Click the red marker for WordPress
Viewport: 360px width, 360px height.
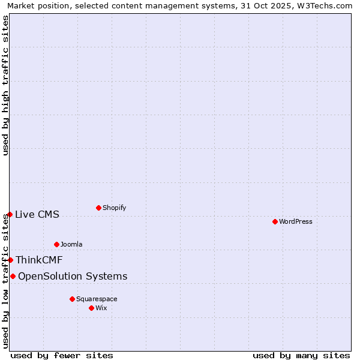(x=275, y=221)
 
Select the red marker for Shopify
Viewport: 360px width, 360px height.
(x=98, y=208)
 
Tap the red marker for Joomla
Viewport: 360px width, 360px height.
(x=56, y=244)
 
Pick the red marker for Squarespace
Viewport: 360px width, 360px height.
(x=72, y=299)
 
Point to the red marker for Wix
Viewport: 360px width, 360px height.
(x=91, y=308)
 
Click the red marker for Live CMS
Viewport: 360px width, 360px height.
(x=10, y=214)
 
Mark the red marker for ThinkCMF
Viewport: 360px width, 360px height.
(x=10, y=260)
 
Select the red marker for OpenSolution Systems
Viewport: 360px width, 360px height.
(x=13, y=276)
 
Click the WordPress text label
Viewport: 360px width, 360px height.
(x=296, y=221)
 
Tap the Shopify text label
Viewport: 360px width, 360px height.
(x=115, y=208)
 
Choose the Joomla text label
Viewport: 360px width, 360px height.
(x=71, y=244)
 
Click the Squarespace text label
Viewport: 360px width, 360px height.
(x=97, y=299)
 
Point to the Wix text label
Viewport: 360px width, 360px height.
(x=101, y=308)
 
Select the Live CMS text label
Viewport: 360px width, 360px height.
(x=37, y=214)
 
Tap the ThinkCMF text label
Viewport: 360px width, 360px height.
(x=39, y=260)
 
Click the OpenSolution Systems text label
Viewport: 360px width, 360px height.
(x=73, y=276)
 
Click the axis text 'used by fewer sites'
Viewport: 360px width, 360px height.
(x=62, y=355)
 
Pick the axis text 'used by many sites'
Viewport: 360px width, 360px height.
(x=301, y=355)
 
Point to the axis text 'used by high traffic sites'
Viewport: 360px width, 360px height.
(x=5, y=85)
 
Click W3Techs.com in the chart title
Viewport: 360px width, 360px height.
(x=323, y=5)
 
